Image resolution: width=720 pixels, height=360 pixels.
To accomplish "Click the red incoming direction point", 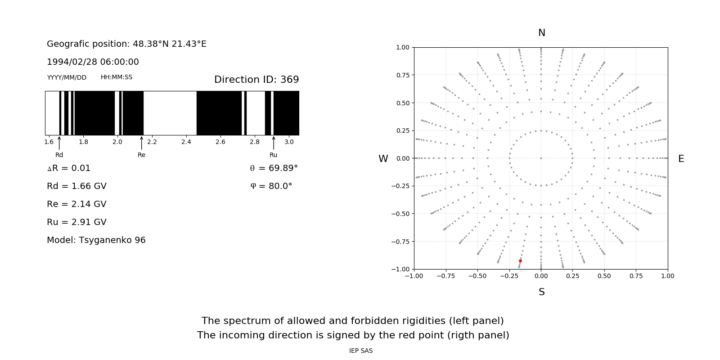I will point(520,261).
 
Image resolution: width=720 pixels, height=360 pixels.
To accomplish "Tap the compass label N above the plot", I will point(541,33).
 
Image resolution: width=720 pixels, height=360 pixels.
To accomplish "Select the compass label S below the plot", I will point(541,292).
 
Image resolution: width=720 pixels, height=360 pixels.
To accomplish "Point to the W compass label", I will point(383,159).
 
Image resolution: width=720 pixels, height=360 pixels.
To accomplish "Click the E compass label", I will point(681,159).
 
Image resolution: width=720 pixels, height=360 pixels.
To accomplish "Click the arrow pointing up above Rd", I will point(59,143).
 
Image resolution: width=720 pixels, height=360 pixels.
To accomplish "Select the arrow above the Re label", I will point(141,143).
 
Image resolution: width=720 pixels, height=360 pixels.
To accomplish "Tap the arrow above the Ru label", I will point(274,143).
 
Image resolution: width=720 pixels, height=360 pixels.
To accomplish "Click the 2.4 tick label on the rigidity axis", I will point(186,142).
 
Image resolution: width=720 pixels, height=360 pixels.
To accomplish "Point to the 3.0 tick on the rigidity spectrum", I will point(289,142).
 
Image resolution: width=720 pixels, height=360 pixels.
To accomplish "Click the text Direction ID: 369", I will point(256,80).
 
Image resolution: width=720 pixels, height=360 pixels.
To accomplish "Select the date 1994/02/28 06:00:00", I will point(93,62).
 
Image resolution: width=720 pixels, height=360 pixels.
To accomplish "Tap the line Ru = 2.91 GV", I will point(76,222).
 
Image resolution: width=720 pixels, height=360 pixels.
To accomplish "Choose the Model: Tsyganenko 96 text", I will point(96,240).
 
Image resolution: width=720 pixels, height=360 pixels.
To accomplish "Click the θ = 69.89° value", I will point(274,168).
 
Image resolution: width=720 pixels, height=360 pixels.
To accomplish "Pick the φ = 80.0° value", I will point(271,186).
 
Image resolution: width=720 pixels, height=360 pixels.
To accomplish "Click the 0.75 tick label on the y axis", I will point(402,75).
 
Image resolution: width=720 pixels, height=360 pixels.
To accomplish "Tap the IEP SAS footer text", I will point(361,351).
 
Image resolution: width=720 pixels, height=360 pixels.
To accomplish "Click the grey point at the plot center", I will point(541,158).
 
